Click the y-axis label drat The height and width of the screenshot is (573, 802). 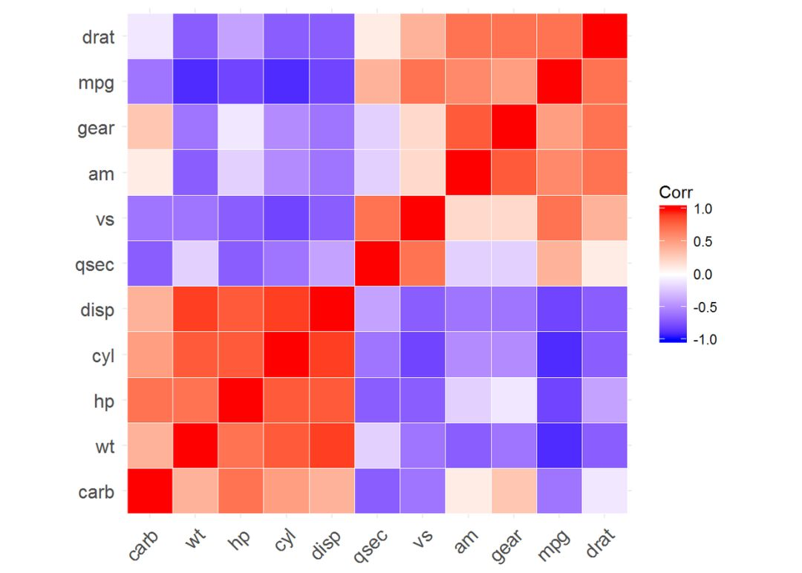[98, 36]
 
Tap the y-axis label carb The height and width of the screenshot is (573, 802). [97, 491]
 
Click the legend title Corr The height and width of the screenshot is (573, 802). [676, 192]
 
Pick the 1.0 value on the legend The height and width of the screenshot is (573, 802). [702, 209]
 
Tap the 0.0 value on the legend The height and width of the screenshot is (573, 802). [702, 275]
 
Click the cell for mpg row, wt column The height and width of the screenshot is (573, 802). [195, 82]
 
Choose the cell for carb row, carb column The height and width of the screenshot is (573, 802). [150, 491]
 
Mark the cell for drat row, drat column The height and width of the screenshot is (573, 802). [604, 36]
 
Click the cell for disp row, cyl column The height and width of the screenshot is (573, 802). [287, 309]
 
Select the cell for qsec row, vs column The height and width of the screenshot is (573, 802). [423, 263]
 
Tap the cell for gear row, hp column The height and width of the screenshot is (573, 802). [241, 127]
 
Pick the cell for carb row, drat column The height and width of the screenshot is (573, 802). [604, 491]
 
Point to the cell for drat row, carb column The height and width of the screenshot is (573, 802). [150, 36]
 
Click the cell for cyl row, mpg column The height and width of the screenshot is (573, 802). [559, 354]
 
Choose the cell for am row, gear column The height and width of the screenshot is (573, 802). [514, 172]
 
